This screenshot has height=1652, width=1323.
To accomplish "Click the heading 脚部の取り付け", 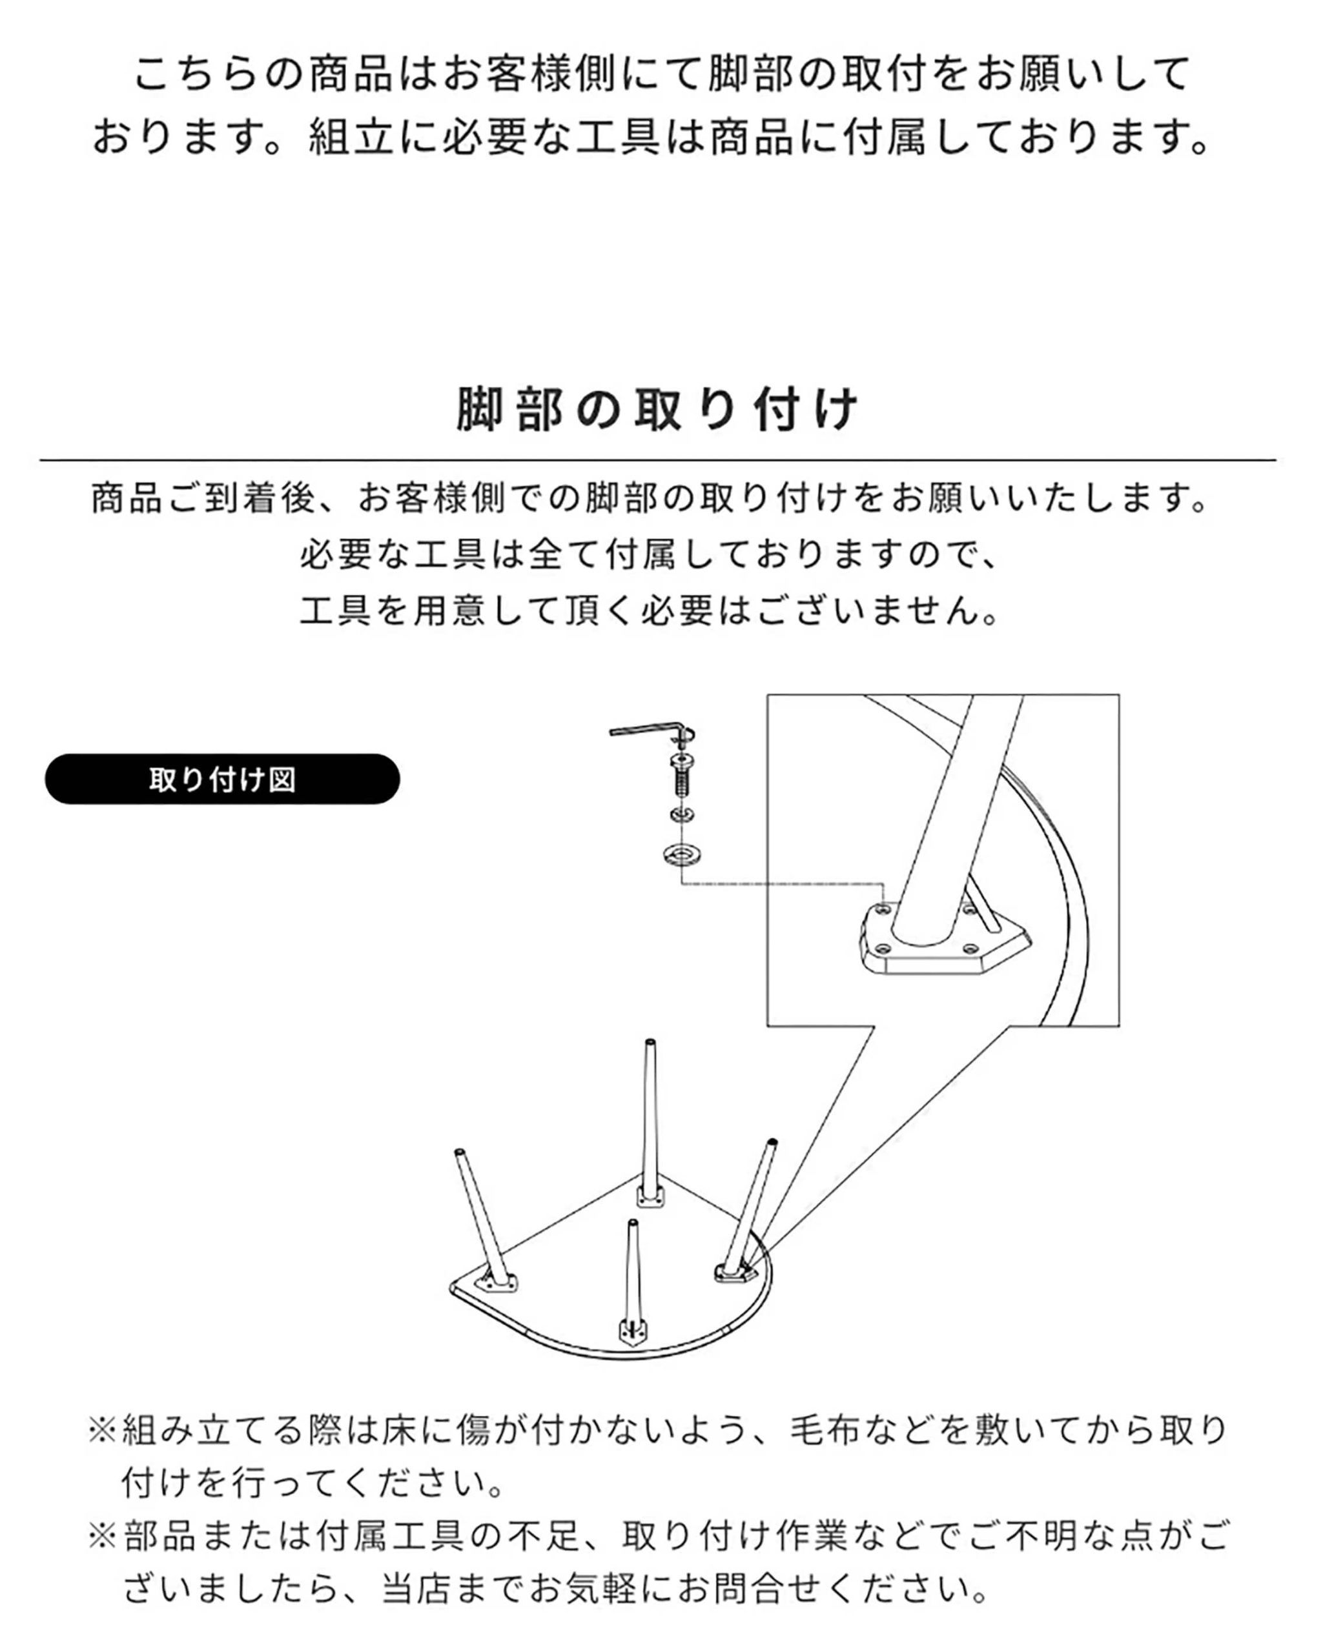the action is point(658,409).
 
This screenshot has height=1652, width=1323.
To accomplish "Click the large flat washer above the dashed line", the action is point(682,853).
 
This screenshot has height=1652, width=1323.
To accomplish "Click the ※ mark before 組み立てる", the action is point(103,1431).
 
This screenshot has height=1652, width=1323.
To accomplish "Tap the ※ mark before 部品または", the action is point(103,1536).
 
